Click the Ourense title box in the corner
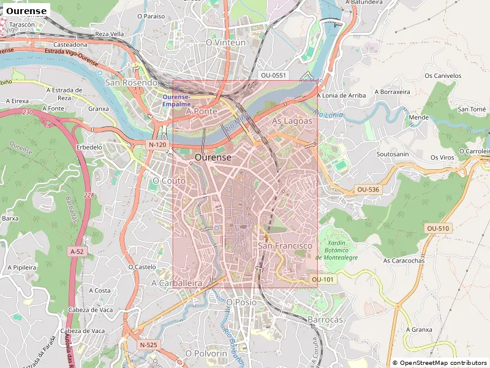pos(26,11)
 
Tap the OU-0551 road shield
pos(273,75)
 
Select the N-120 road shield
pos(157,145)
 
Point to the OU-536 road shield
pos(367,190)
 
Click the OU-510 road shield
pos(438,228)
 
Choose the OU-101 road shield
pos(322,280)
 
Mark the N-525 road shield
pos(148,345)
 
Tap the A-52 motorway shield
pos(77,251)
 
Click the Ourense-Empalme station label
pos(176,101)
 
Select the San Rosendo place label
pos(132,82)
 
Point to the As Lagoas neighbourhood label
pos(292,121)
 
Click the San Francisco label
pos(285,246)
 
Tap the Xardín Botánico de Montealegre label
pos(336,250)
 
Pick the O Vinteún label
pos(225,43)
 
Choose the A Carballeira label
pos(176,283)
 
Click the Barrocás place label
pos(325,320)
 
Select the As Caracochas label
pos(404,261)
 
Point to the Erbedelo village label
pos(89,147)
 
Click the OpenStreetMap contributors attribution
pos(439,363)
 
